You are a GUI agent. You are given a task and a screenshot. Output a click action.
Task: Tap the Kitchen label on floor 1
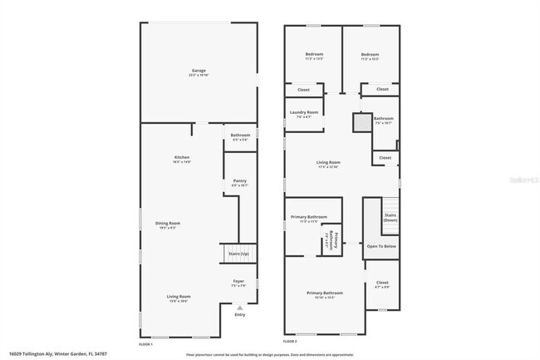(182, 159)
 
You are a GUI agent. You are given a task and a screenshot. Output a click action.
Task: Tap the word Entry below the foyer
(240, 314)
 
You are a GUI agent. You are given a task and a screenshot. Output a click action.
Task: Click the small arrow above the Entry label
(240, 307)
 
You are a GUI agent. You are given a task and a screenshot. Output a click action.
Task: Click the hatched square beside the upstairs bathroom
(362, 122)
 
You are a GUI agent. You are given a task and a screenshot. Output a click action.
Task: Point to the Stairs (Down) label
(390, 218)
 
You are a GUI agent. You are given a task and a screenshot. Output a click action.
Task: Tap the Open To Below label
(381, 246)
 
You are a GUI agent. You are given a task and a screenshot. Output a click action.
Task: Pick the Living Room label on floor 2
(328, 164)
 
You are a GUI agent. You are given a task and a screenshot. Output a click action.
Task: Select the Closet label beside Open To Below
(382, 284)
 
